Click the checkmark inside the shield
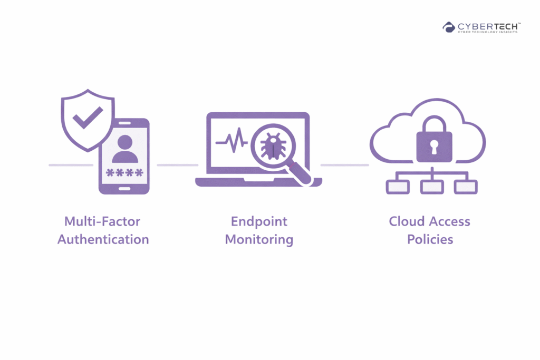pos(88,118)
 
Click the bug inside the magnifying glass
pos(273,146)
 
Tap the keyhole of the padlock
pos(434,146)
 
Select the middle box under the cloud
pos(432,187)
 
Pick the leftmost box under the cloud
pos(398,187)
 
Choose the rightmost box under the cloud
pos(466,187)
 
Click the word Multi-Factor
pos(102,221)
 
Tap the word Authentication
pos(103,239)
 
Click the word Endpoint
pos(258,221)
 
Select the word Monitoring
pos(259,239)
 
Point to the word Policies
pos(430,239)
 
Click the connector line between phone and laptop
pos(177,165)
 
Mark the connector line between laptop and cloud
pos(344,165)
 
